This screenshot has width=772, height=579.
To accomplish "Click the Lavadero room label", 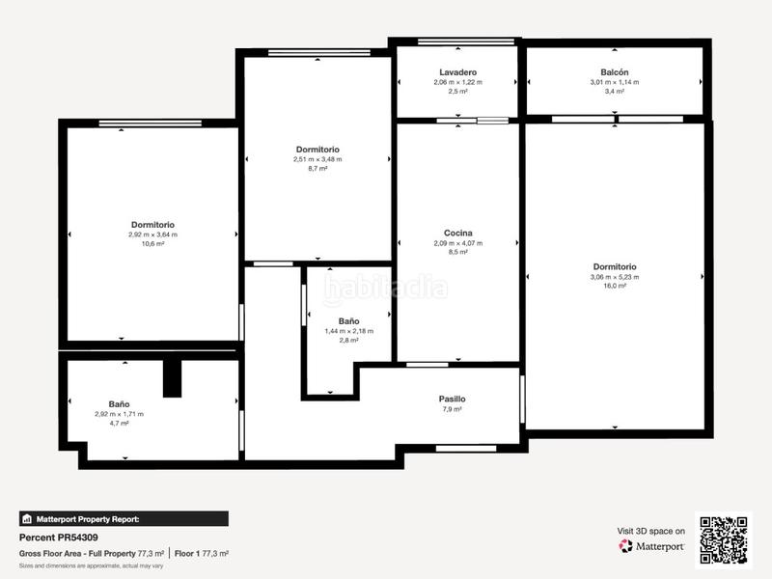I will (x=457, y=72).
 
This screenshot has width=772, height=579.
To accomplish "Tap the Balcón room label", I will (x=615, y=72).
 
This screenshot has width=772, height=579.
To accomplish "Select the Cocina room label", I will (x=457, y=233).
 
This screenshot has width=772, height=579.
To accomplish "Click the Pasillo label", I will (x=452, y=399).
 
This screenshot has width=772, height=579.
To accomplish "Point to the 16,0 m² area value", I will (x=615, y=287).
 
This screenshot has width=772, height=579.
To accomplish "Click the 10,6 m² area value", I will (x=152, y=244).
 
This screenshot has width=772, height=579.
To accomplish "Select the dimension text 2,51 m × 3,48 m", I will (x=317, y=159).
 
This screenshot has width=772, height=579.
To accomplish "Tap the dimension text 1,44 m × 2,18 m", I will (x=348, y=331).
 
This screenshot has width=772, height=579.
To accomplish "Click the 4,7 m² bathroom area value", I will (x=119, y=424).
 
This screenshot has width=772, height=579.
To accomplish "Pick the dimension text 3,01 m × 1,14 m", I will (x=615, y=82).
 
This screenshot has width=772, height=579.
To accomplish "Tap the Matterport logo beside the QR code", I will (x=652, y=546).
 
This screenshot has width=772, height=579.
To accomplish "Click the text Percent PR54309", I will (x=59, y=538).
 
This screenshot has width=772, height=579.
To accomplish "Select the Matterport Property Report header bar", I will (x=124, y=518).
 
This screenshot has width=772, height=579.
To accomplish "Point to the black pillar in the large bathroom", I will (x=172, y=377).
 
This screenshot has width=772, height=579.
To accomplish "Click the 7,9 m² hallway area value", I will (x=452, y=409).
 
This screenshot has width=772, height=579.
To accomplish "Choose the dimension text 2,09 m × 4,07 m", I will (x=457, y=243).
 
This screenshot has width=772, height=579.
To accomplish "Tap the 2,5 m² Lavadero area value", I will (x=457, y=92).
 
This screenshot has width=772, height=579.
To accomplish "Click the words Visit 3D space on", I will (x=651, y=531).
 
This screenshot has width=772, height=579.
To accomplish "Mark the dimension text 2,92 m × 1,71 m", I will (x=119, y=414).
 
